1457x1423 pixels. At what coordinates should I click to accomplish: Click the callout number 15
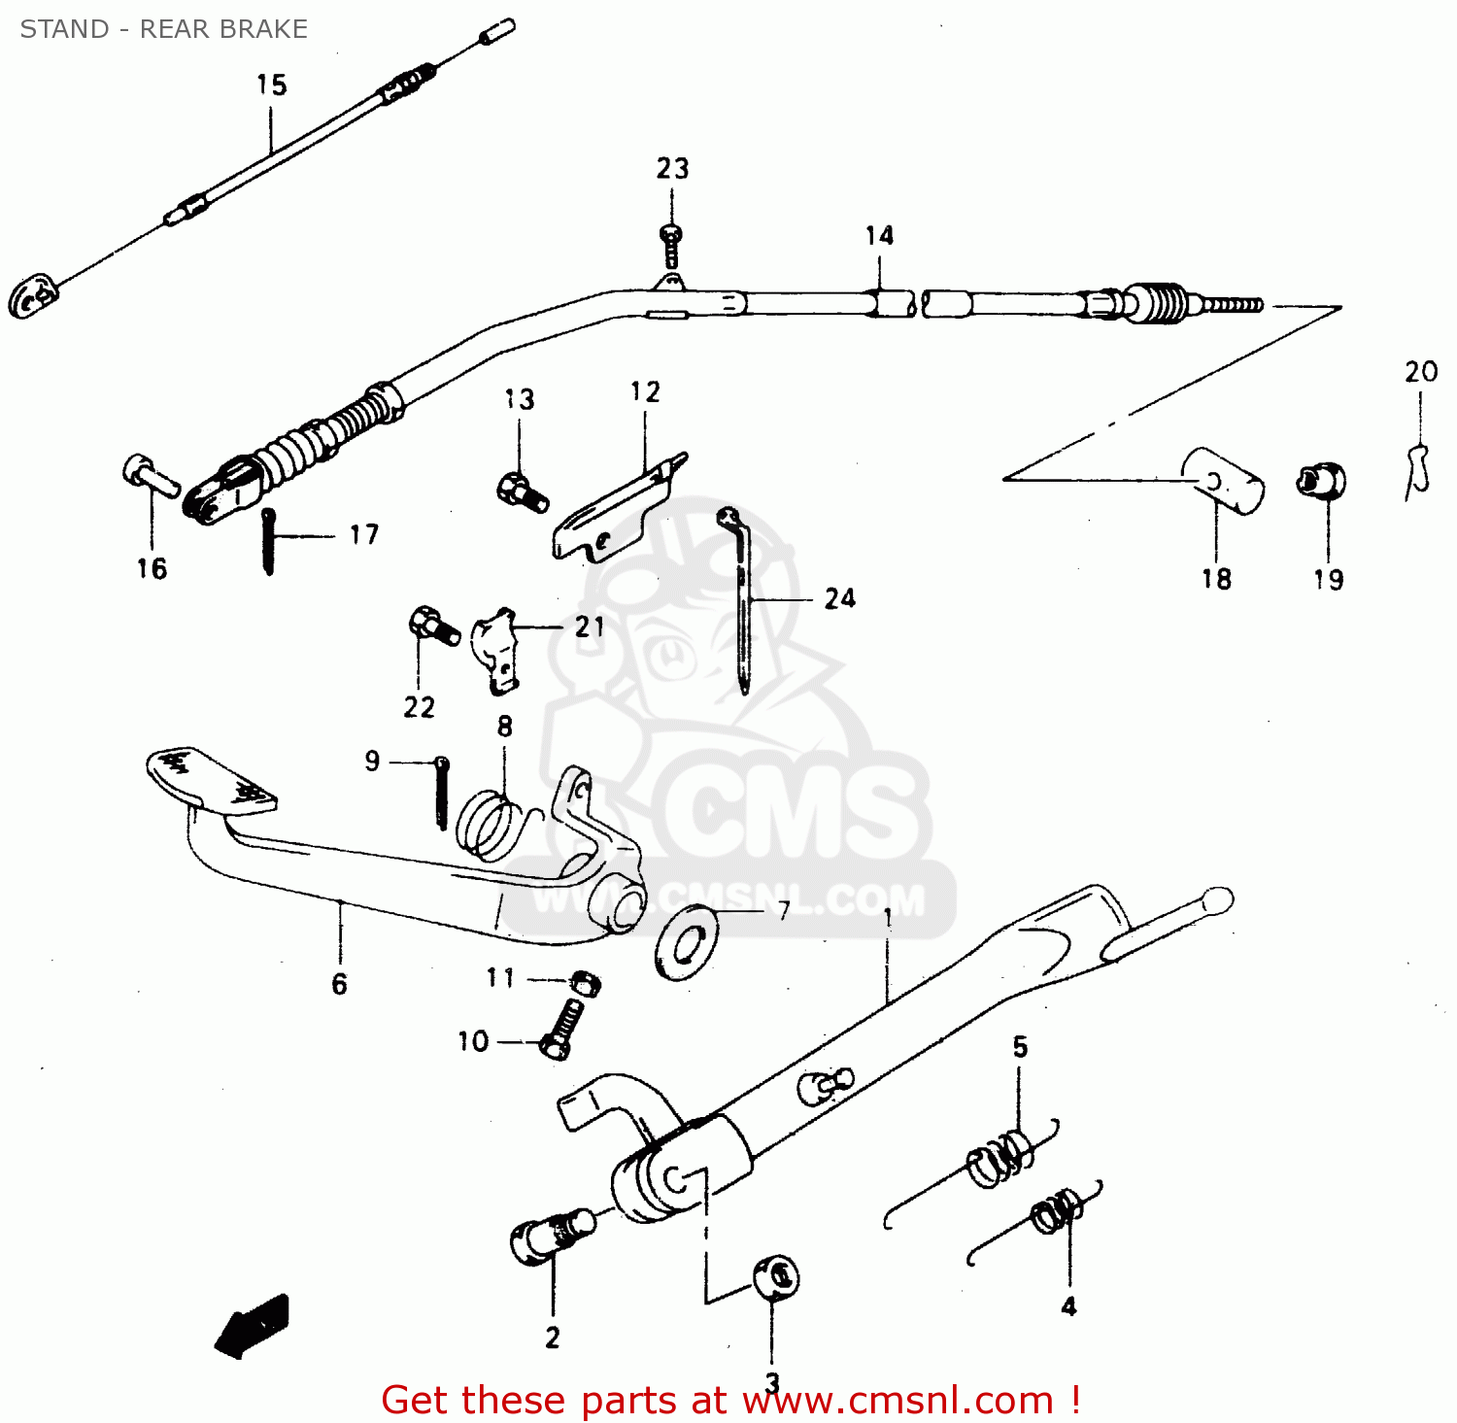(271, 85)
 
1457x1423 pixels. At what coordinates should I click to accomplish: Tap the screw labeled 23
(670, 245)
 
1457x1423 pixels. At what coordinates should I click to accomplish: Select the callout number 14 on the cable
(879, 236)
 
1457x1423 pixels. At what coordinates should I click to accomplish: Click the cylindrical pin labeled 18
(1223, 480)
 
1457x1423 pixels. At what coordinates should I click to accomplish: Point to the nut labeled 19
(1321, 480)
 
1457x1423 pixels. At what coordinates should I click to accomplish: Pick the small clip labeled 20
(1418, 471)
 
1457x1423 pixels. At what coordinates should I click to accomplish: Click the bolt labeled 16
(150, 475)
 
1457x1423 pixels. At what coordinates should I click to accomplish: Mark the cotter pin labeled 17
(268, 541)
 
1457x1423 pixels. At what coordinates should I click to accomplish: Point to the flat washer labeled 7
(687, 941)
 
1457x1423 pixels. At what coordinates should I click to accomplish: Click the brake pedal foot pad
(210, 779)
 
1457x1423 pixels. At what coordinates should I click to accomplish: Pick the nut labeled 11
(584, 983)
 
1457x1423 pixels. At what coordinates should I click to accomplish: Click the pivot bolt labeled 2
(550, 1239)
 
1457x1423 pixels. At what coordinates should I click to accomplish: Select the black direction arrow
(253, 1326)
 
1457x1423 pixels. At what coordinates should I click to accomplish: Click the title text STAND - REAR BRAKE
(163, 29)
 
